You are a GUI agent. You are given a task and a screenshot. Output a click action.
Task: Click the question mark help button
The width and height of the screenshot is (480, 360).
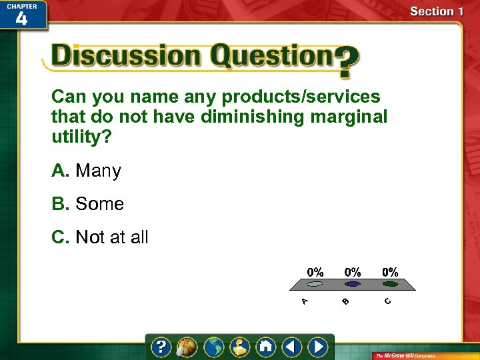pos(161,347)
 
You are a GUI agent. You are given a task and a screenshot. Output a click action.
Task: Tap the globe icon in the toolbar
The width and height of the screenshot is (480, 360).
pos(214,347)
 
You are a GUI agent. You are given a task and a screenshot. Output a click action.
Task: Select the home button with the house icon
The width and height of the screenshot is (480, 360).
pos(265,347)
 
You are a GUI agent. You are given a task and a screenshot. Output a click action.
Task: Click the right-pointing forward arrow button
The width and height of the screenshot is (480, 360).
pos(318,347)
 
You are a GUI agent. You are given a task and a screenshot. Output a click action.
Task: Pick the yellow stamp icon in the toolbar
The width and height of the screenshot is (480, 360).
pos(239,347)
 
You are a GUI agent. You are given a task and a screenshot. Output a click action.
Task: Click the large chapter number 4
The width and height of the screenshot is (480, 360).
pos(22,18)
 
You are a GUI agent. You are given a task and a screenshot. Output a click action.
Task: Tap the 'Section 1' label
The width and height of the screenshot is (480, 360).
pos(437,11)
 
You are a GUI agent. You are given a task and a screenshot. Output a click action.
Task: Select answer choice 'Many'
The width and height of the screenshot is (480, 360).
pos(98,171)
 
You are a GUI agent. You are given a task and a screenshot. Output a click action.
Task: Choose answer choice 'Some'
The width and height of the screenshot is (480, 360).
pos(99,204)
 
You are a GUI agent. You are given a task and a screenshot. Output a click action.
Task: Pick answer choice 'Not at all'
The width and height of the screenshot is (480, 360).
pos(111,237)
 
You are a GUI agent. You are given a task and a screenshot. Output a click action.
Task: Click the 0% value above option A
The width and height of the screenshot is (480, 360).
pos(315,272)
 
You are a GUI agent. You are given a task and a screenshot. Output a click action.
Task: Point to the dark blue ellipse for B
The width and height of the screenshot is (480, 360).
pos(352,283)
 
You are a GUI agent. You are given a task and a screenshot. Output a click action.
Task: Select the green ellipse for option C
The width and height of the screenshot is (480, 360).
pos(390,283)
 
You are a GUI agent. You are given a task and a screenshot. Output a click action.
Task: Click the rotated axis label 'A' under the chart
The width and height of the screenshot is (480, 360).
pos(304,301)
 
